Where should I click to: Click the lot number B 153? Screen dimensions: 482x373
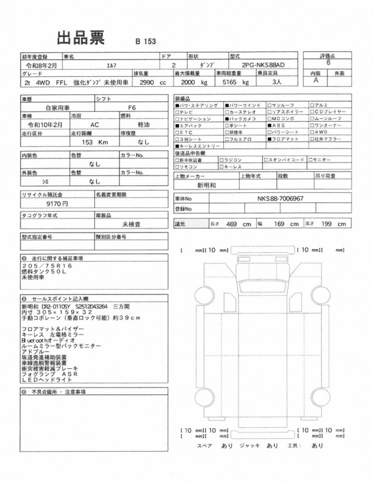coord(145,41)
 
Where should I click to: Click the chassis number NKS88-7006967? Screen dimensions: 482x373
coord(280,198)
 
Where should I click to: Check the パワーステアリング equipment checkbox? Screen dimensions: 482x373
coord(177,105)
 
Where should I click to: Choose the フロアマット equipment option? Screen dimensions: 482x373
coord(284,139)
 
